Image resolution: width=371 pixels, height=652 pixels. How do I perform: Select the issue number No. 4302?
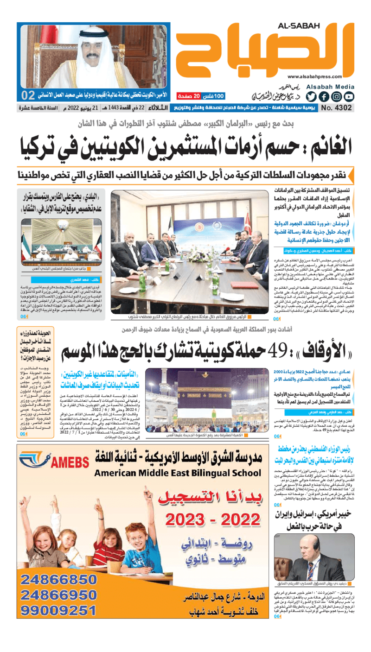[x=336, y=108]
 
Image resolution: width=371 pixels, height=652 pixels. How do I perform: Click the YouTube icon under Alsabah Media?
[x=349, y=96]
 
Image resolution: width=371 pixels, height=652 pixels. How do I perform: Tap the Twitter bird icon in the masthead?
[x=311, y=96]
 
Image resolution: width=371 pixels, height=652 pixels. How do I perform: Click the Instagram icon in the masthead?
[x=336, y=96]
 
